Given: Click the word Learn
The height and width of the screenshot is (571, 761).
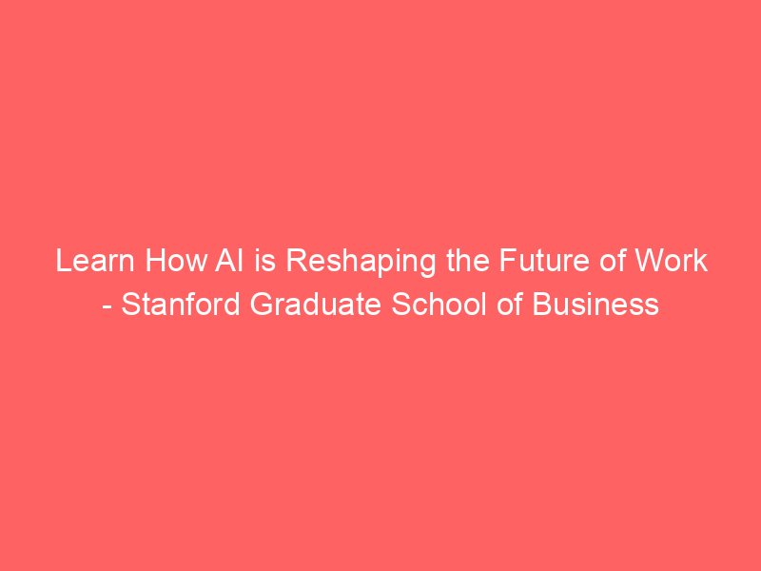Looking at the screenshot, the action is (95, 261).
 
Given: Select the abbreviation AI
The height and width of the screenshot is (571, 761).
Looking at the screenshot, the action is (228, 261).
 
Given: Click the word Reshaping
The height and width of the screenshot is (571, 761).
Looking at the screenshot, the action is (361, 263).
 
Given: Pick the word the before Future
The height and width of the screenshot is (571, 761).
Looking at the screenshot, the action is (468, 261).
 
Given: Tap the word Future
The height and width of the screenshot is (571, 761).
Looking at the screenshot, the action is (543, 261).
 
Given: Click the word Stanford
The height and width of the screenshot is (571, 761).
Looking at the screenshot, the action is (180, 305).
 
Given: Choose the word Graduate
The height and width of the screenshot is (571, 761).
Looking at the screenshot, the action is (316, 305).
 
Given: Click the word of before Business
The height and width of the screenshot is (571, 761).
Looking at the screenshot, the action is (510, 305).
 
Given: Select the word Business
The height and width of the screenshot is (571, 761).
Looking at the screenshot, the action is (595, 305).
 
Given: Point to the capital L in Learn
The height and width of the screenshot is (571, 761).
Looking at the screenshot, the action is (63, 261).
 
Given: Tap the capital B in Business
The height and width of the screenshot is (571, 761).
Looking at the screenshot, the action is (541, 305).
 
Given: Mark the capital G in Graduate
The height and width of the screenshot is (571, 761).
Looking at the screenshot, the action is (261, 305).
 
